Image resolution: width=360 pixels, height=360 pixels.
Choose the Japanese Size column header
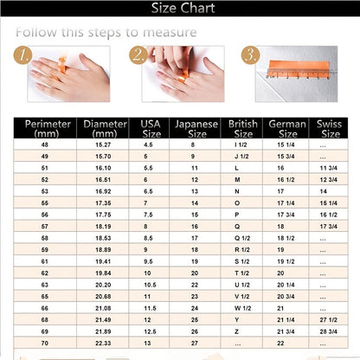tap(196, 128)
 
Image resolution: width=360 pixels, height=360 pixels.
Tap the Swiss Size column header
tap(330, 128)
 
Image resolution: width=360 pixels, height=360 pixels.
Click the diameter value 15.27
tap(102, 144)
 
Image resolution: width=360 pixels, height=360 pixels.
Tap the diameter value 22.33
tap(102, 343)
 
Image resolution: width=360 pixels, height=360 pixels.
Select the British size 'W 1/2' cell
tap(242, 307)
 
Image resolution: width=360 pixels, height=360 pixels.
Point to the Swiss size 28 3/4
tap(329, 331)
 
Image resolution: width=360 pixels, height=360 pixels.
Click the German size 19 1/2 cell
tap(286, 260)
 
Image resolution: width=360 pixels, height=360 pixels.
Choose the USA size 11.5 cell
tap(149, 307)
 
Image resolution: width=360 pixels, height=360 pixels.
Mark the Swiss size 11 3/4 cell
tap(329, 167)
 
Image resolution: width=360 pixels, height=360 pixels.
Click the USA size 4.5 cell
tap(149, 144)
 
